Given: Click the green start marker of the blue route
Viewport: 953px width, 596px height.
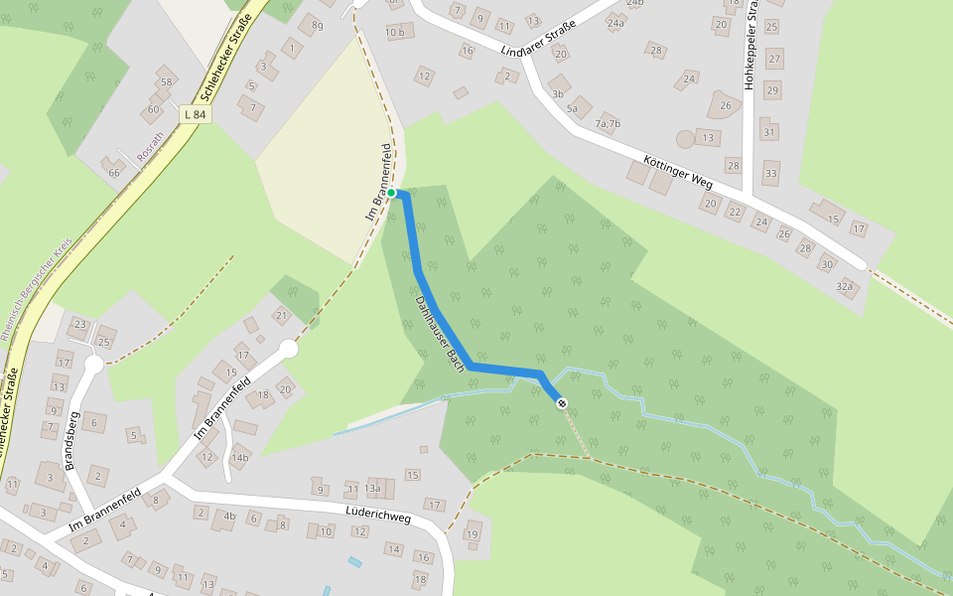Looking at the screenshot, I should click(391, 192).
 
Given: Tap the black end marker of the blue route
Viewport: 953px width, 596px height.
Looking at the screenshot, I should click(562, 402).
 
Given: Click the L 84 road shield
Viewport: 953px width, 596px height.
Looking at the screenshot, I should click(195, 114).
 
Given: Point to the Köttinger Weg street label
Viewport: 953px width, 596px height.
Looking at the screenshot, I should click(679, 170).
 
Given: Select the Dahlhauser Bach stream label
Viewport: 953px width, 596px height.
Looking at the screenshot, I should click(440, 327).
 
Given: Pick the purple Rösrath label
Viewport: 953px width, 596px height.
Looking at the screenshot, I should click(150, 148).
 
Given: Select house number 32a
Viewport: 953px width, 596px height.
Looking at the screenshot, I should click(845, 286).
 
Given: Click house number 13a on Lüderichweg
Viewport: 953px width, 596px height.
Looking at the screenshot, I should click(372, 488).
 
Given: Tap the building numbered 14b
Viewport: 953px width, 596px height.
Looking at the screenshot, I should click(239, 458).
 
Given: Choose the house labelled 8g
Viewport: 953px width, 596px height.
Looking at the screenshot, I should click(317, 25).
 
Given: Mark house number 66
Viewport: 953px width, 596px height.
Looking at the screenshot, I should click(114, 173).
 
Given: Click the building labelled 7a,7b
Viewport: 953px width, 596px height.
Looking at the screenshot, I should click(608, 123).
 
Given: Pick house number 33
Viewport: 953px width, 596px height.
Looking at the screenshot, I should click(771, 174).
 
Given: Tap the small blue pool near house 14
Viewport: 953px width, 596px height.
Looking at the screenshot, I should click(355, 562).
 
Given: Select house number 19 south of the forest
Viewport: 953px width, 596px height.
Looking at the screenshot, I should click(472, 534).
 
